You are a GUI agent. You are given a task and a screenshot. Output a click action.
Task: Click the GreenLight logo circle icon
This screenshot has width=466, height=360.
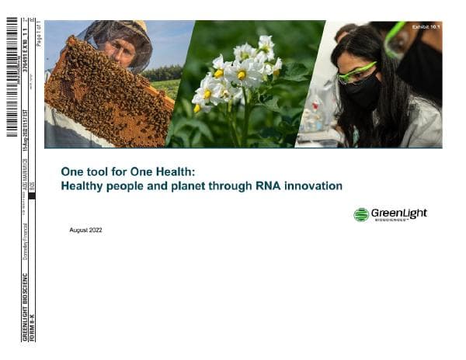point(360,215)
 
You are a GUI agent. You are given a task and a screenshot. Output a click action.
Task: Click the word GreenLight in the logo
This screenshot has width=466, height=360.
point(398,213)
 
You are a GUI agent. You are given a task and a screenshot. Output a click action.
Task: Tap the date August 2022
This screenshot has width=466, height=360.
point(85,230)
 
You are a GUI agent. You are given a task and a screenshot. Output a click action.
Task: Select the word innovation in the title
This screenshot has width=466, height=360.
point(314,186)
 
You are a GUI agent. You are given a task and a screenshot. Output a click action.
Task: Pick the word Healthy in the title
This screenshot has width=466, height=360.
point(82,186)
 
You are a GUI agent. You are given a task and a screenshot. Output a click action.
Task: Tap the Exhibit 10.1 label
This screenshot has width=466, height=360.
point(426,28)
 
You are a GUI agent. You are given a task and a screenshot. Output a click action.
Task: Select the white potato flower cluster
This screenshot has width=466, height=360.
point(237,74)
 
